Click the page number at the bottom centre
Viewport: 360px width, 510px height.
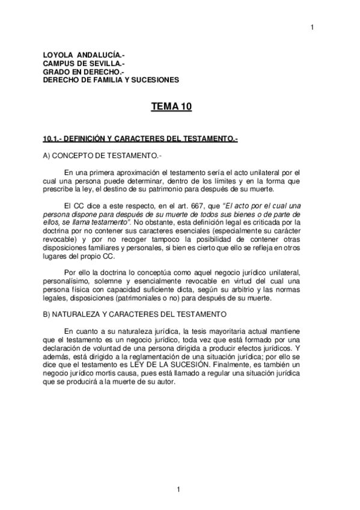[178, 488]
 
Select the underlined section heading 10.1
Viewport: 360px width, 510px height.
[141, 139]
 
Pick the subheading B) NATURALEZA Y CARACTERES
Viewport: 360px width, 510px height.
[134, 313]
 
